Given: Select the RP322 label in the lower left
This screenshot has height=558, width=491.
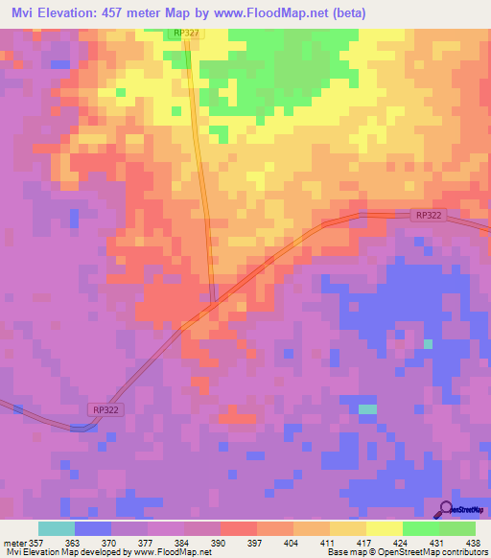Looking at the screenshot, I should pyautogui.click(x=105, y=409).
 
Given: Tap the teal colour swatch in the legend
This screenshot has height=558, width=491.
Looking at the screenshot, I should pyautogui.click(x=57, y=528).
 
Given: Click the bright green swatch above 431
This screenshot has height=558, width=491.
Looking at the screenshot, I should pyautogui.click(x=420, y=528).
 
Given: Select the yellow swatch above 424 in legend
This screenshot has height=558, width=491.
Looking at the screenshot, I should pyautogui.click(x=384, y=528).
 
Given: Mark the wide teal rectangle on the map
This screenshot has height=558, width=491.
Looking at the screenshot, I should pyautogui.click(x=368, y=409).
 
